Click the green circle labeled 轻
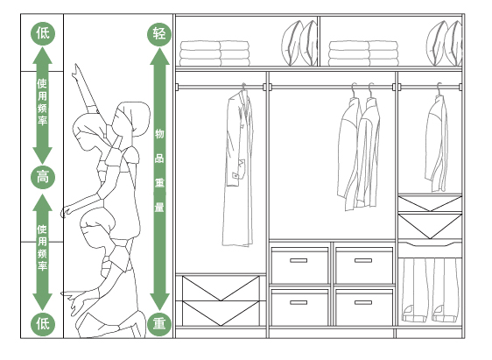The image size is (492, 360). (159, 33)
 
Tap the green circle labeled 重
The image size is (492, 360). (159, 323)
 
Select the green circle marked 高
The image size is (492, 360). (43, 177)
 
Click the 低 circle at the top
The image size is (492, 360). (43, 33)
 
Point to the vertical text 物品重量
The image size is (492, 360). (159, 171)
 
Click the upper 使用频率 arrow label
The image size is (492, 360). (43, 102)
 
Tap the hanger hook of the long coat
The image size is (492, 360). (243, 87)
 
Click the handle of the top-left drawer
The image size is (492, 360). (299, 260)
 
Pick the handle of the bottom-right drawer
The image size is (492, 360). (363, 302)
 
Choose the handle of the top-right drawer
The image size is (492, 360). (363, 260)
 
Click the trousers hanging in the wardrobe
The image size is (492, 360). (430, 290)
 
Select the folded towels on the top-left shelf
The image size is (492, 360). (215, 53)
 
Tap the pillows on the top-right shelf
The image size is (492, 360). (445, 43)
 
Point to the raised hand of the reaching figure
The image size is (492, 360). (75, 72)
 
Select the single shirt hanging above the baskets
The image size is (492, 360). (437, 143)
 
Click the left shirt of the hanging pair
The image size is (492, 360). (349, 154)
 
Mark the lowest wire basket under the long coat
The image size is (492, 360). (221, 314)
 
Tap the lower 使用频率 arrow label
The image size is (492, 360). (43, 248)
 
